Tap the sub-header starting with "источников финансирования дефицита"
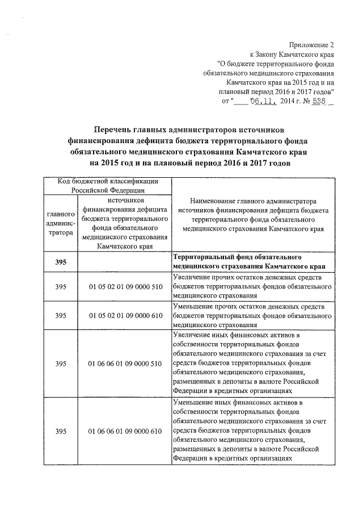coord(124,223)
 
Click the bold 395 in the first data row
coord(60,262)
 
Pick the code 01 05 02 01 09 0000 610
coord(124,316)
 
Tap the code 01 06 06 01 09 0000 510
coord(124,363)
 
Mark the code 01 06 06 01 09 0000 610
coord(124,432)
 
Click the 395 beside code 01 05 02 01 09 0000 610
coord(60,316)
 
